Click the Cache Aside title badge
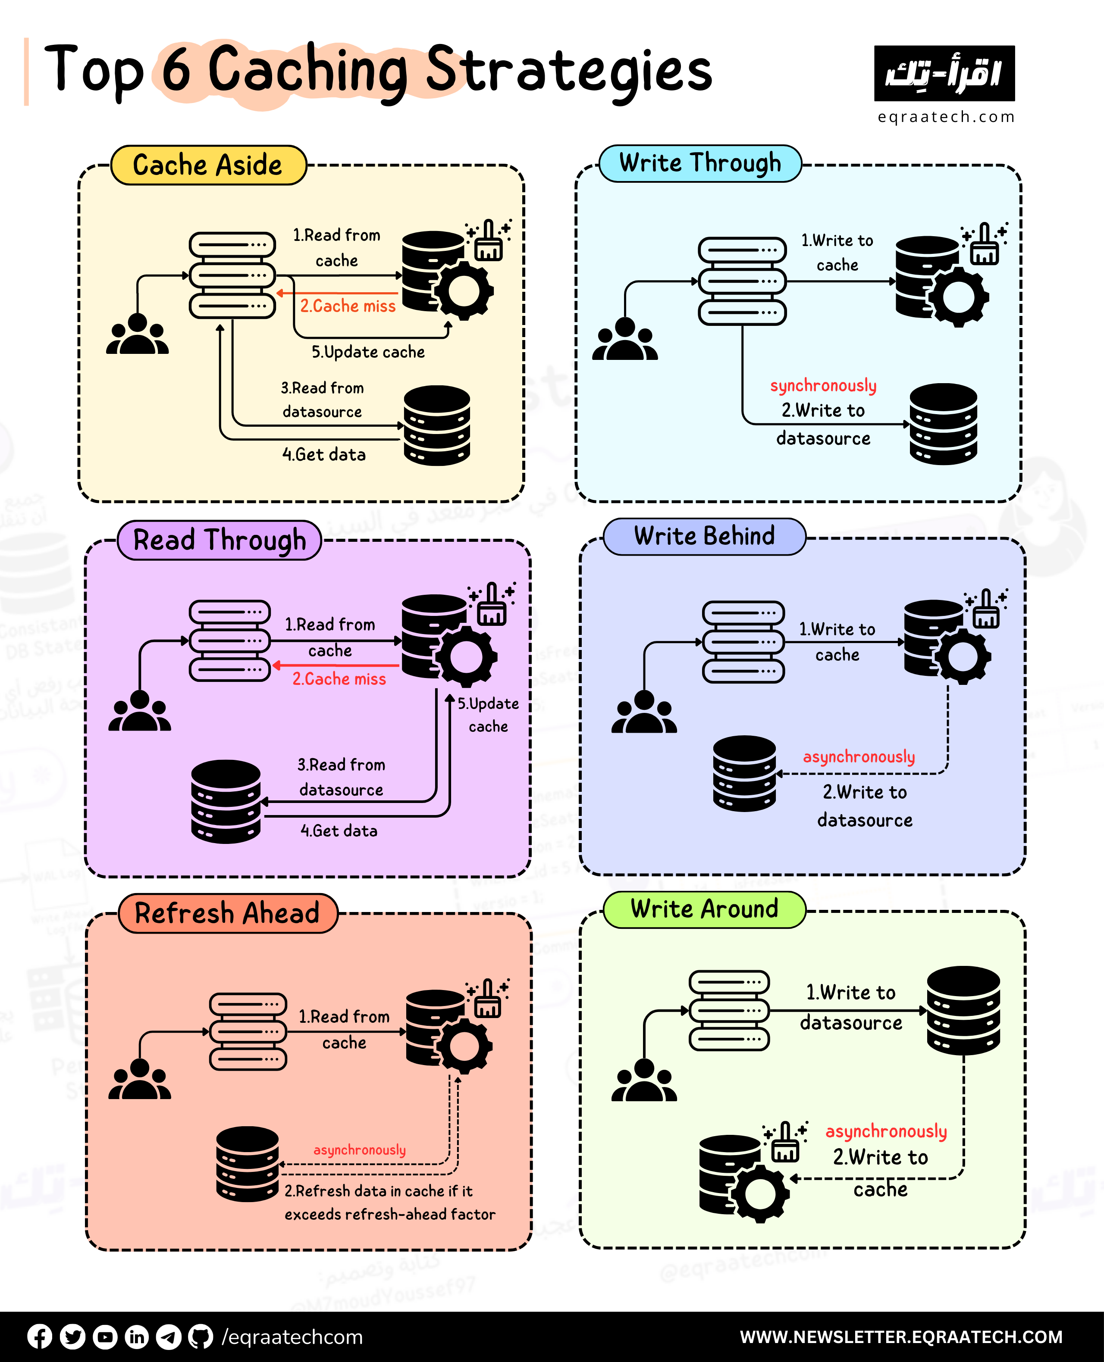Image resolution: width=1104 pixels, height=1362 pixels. click(208, 165)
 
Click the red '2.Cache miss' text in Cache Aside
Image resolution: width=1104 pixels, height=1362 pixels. click(348, 306)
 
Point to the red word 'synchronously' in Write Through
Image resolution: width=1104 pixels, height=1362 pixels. click(823, 385)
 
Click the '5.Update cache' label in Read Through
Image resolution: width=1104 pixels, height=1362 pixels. click(488, 714)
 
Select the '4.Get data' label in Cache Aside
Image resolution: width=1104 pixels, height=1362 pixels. click(324, 454)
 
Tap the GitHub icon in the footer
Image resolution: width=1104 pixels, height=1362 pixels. click(201, 1337)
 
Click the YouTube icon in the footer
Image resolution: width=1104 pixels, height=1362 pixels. click(105, 1337)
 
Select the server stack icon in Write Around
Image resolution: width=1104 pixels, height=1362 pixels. click(729, 1011)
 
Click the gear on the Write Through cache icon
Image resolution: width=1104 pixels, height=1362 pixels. click(958, 297)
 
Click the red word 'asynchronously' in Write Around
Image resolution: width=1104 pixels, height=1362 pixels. click(886, 1131)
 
